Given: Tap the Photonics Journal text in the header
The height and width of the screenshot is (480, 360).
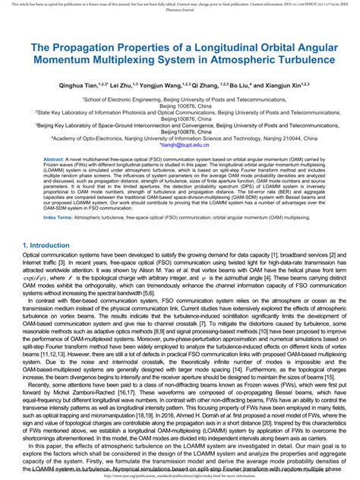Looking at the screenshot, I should click(180, 12).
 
